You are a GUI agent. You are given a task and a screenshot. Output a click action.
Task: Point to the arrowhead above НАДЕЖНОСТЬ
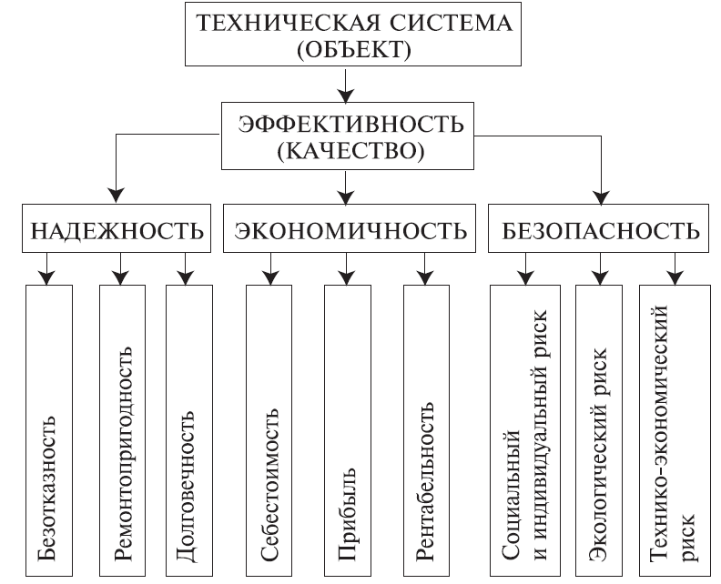coord(116,196)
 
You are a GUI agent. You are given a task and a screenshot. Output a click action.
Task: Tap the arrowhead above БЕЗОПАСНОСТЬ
coord(601,196)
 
